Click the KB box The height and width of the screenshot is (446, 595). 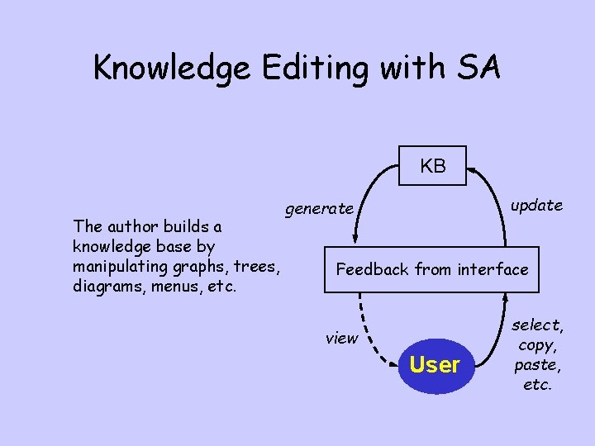(432, 166)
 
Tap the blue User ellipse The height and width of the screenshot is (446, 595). (435, 364)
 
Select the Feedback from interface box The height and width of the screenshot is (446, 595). (431, 269)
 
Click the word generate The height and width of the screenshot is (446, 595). (319, 209)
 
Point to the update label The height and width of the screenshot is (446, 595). (536, 205)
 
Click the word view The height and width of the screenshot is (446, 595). (341, 338)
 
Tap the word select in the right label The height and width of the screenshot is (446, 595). (537, 325)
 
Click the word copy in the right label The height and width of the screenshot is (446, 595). (537, 344)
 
